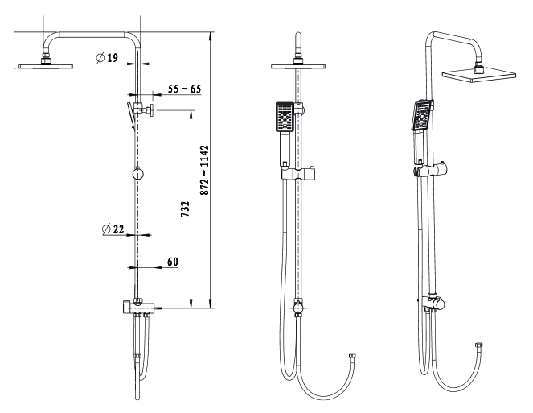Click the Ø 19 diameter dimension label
coord(107,58)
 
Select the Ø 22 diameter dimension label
coord(113,229)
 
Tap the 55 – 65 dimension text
coord(185,89)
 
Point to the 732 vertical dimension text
coord(185,209)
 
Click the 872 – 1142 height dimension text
coord(204,170)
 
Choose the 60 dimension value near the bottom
coord(173,262)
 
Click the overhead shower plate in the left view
coord(46,66)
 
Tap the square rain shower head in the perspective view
coord(478,76)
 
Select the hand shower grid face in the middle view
coord(285,117)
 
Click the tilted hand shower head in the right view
coord(422,115)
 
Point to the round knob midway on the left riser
coord(137,174)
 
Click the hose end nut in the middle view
coord(352,357)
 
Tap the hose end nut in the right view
coord(478,345)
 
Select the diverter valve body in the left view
coord(137,307)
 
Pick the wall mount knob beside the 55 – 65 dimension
coord(148,110)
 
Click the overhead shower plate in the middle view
coord(298,66)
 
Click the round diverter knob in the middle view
coord(298,307)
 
